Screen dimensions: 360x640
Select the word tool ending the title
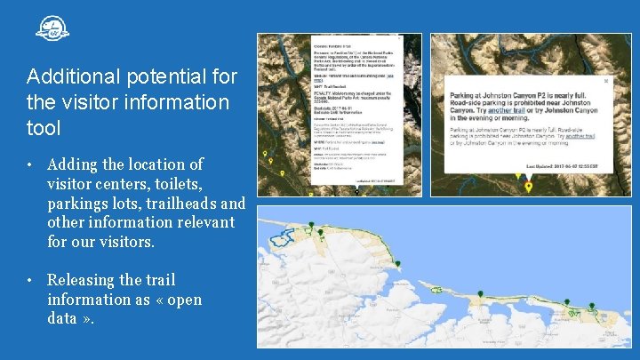pyautogui.click(x=44, y=128)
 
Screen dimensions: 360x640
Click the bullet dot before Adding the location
pyautogui.click(x=29, y=165)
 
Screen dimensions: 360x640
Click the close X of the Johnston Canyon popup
pyautogui.click(x=607, y=81)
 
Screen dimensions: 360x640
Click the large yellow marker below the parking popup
pyautogui.click(x=529, y=187)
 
